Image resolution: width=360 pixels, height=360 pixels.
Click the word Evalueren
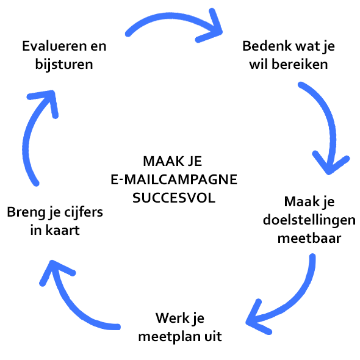[55, 46]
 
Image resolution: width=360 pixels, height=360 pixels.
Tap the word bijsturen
[64, 65]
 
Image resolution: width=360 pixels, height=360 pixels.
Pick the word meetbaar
[309, 239]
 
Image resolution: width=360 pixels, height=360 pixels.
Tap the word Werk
[169, 318]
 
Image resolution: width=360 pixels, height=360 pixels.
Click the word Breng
[26, 213]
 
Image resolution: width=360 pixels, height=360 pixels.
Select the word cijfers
[84, 212]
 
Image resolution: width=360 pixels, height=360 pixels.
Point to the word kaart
[62, 230]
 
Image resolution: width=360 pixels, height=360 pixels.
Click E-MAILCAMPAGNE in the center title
[174, 179]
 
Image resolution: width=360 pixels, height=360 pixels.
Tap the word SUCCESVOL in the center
[174, 198]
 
